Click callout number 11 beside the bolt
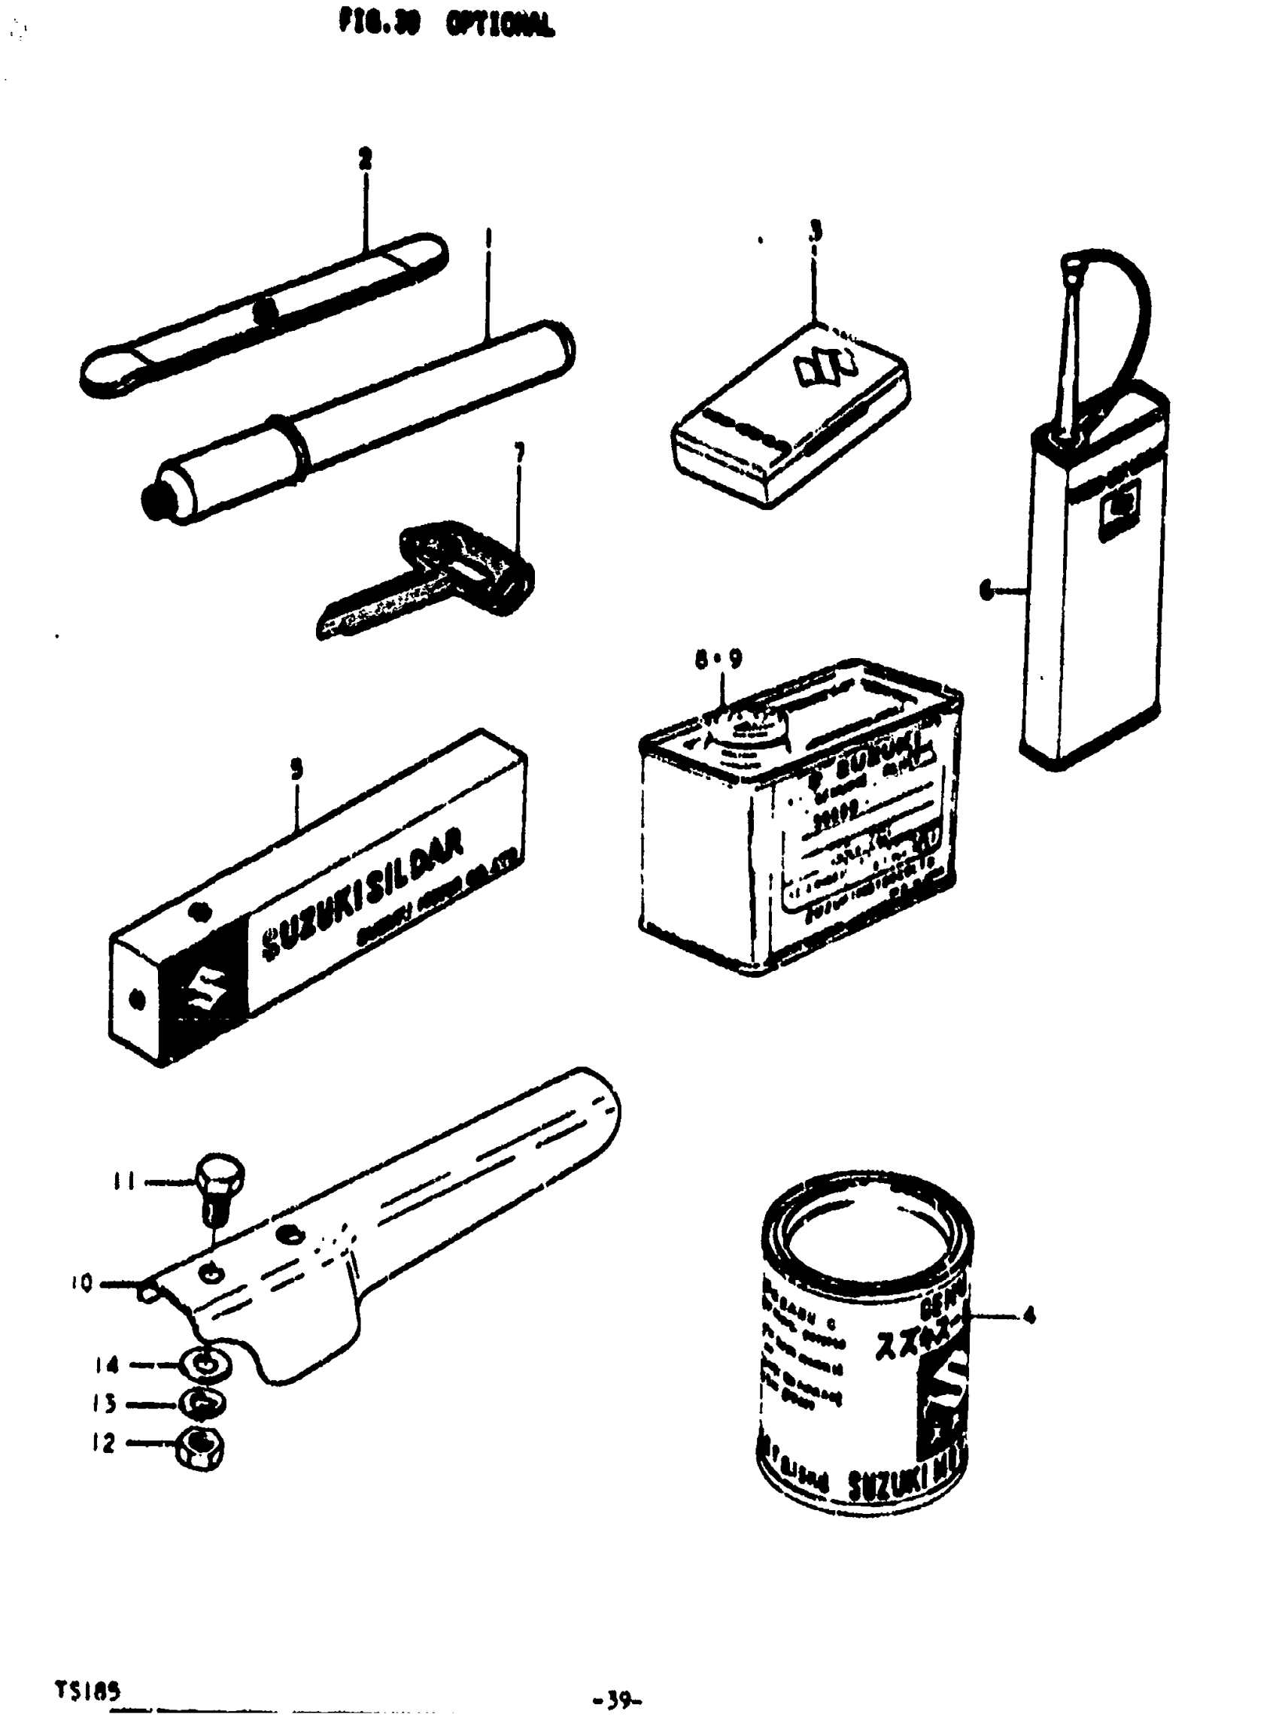pyautogui.click(x=124, y=1182)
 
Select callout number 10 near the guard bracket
pyautogui.click(x=81, y=1283)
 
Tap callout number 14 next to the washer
pyautogui.click(x=108, y=1364)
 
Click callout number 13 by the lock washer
pyautogui.click(x=106, y=1404)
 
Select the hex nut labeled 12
pyautogui.click(x=202, y=1448)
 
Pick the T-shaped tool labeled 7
pyautogui.click(x=433, y=578)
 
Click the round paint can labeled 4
pyautogui.click(x=863, y=1347)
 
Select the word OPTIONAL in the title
pyautogui.click(x=500, y=26)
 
